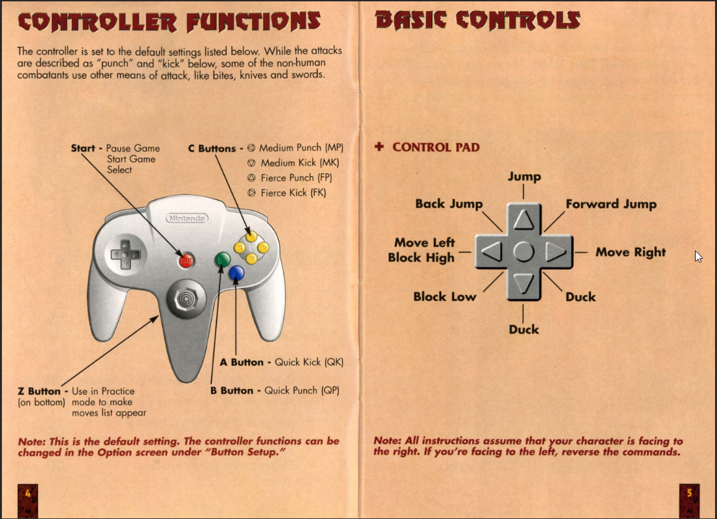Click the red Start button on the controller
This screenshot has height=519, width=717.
pos(186,261)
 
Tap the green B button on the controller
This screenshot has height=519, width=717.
pos(222,260)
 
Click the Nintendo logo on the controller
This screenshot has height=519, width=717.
pos(188,219)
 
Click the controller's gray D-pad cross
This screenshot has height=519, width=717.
pos(122,254)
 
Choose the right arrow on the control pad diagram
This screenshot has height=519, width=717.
pos(555,252)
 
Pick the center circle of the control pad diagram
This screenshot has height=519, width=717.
pos(523,252)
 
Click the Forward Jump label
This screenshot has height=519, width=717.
pos(611,204)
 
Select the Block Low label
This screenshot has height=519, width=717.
pos(444,297)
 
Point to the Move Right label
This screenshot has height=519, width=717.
pos(630,252)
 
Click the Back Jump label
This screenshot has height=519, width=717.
pos(449,204)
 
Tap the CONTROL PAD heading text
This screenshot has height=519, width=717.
pos(436,147)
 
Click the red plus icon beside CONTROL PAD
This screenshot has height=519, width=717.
pos(380,147)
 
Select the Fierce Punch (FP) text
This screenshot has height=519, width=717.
pos(296,177)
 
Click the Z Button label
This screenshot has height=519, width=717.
pos(40,392)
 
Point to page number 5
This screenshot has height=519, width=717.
pos(689,493)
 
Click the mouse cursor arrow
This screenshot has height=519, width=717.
pos(698,256)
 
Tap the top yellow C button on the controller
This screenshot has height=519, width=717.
pos(251,236)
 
